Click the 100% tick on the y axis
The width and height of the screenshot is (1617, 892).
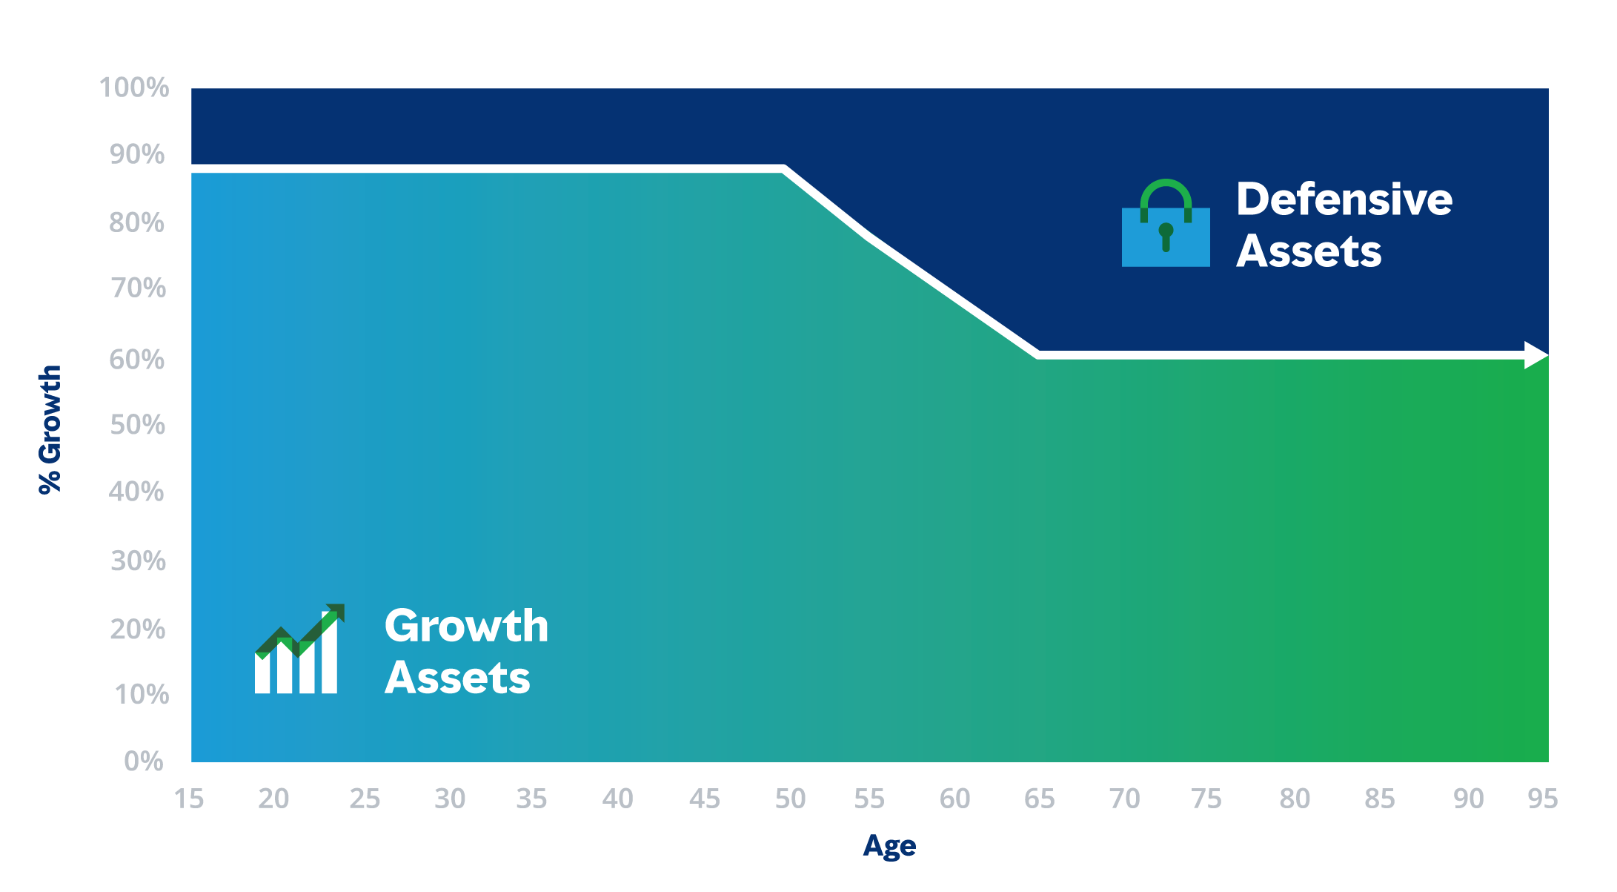tap(134, 87)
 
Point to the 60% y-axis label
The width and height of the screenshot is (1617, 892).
tap(137, 360)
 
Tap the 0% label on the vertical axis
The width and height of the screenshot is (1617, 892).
tap(144, 761)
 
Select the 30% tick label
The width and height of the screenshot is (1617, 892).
tap(138, 561)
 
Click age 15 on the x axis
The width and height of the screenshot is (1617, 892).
tap(189, 799)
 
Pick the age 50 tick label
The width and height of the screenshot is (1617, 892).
tap(790, 799)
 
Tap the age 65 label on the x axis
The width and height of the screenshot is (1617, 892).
tap(1039, 799)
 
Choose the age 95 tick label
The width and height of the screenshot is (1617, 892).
tap(1543, 799)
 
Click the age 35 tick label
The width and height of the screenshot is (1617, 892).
tap(531, 799)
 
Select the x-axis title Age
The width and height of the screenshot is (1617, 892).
tap(889, 846)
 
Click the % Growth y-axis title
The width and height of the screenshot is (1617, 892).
tap(50, 429)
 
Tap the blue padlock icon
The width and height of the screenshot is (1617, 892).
tap(1166, 223)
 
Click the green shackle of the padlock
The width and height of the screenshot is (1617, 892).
tap(1166, 182)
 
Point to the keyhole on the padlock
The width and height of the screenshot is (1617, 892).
tap(1166, 237)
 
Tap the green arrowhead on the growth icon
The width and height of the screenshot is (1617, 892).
tap(336, 612)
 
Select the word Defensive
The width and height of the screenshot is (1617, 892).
tap(1344, 199)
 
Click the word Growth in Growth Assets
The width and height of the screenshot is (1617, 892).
tap(467, 626)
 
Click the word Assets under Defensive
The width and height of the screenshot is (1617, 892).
tap(1309, 251)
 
